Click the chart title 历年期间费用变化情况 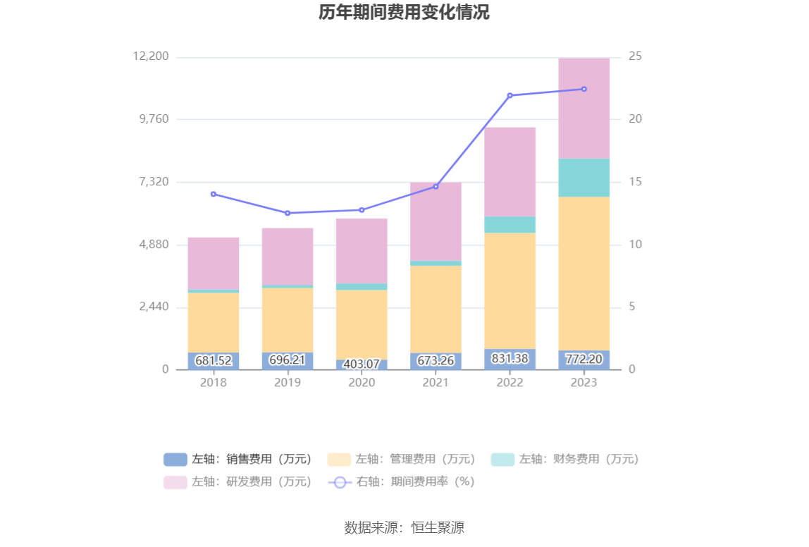point(404,13)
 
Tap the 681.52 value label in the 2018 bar point(214,361)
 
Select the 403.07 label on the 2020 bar point(362,364)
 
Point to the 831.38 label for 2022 point(510,359)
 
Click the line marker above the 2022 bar point(510,95)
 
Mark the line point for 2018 point(214,194)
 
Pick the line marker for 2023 point(583,89)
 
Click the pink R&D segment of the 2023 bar point(583,108)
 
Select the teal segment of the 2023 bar point(583,178)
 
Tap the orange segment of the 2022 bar point(510,290)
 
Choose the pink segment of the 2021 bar point(436,221)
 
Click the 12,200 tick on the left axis point(151,56)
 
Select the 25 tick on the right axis point(635,56)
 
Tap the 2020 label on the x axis point(362,383)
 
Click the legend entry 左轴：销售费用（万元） point(237,460)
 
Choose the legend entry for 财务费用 point(564,460)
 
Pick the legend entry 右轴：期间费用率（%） point(402,482)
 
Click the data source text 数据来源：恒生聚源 point(404,527)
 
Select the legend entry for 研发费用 point(237,482)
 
